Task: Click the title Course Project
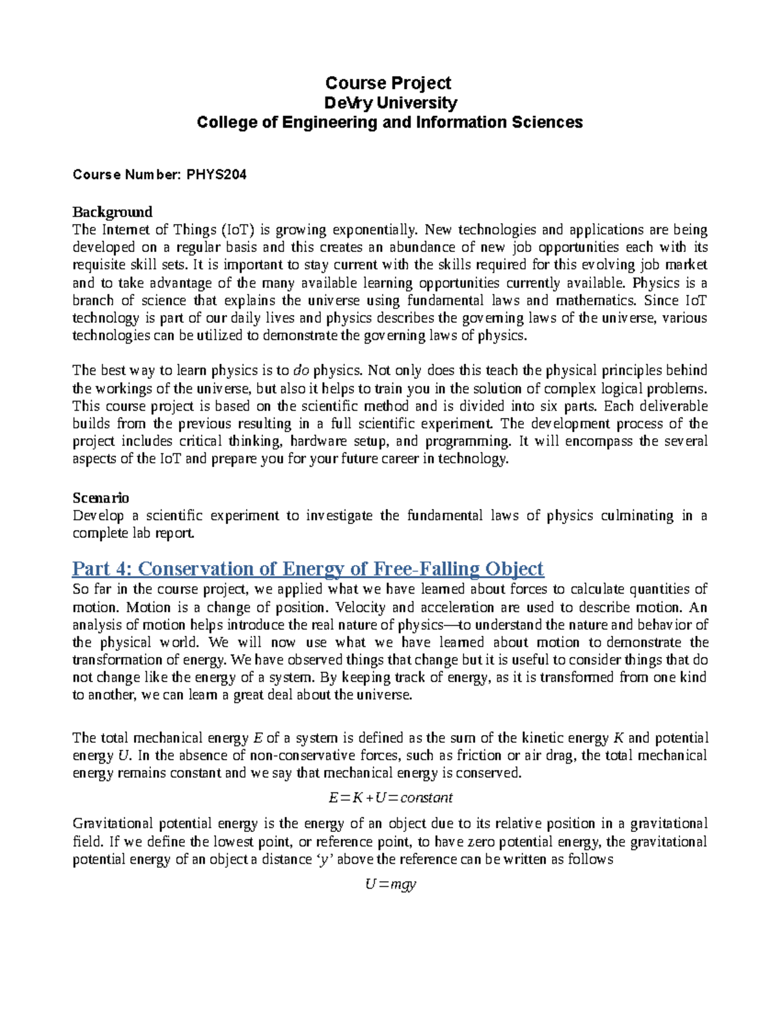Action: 389,83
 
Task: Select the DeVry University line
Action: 390,103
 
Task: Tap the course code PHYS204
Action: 216,174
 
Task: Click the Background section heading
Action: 112,212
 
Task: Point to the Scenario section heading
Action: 100,498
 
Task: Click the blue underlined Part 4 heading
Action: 307,569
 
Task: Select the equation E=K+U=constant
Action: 390,798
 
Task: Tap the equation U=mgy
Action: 390,884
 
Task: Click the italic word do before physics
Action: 301,371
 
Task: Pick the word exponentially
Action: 374,230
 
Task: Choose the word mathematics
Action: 595,301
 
